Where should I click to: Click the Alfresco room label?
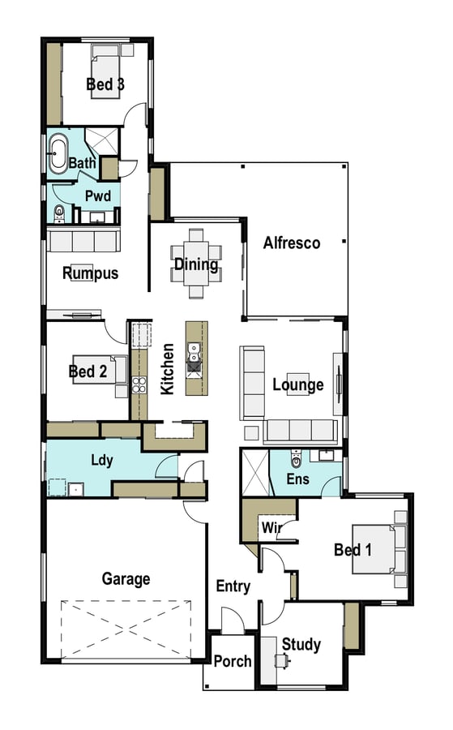click(292, 243)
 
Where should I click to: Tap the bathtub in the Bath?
click(58, 152)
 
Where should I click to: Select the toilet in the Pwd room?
click(59, 213)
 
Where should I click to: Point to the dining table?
click(196, 264)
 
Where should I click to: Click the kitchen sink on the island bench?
click(194, 352)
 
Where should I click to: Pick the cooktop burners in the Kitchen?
click(139, 385)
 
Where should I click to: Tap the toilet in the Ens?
click(297, 459)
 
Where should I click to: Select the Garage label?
click(126, 578)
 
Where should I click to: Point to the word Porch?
click(233, 661)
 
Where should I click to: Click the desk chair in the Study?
click(281, 660)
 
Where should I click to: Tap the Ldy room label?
click(102, 461)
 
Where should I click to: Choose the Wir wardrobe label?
click(271, 527)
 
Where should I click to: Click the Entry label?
click(233, 586)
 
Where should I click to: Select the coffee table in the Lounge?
click(298, 384)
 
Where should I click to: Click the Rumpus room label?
click(91, 273)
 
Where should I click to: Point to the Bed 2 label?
click(88, 371)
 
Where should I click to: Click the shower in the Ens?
click(255, 473)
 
